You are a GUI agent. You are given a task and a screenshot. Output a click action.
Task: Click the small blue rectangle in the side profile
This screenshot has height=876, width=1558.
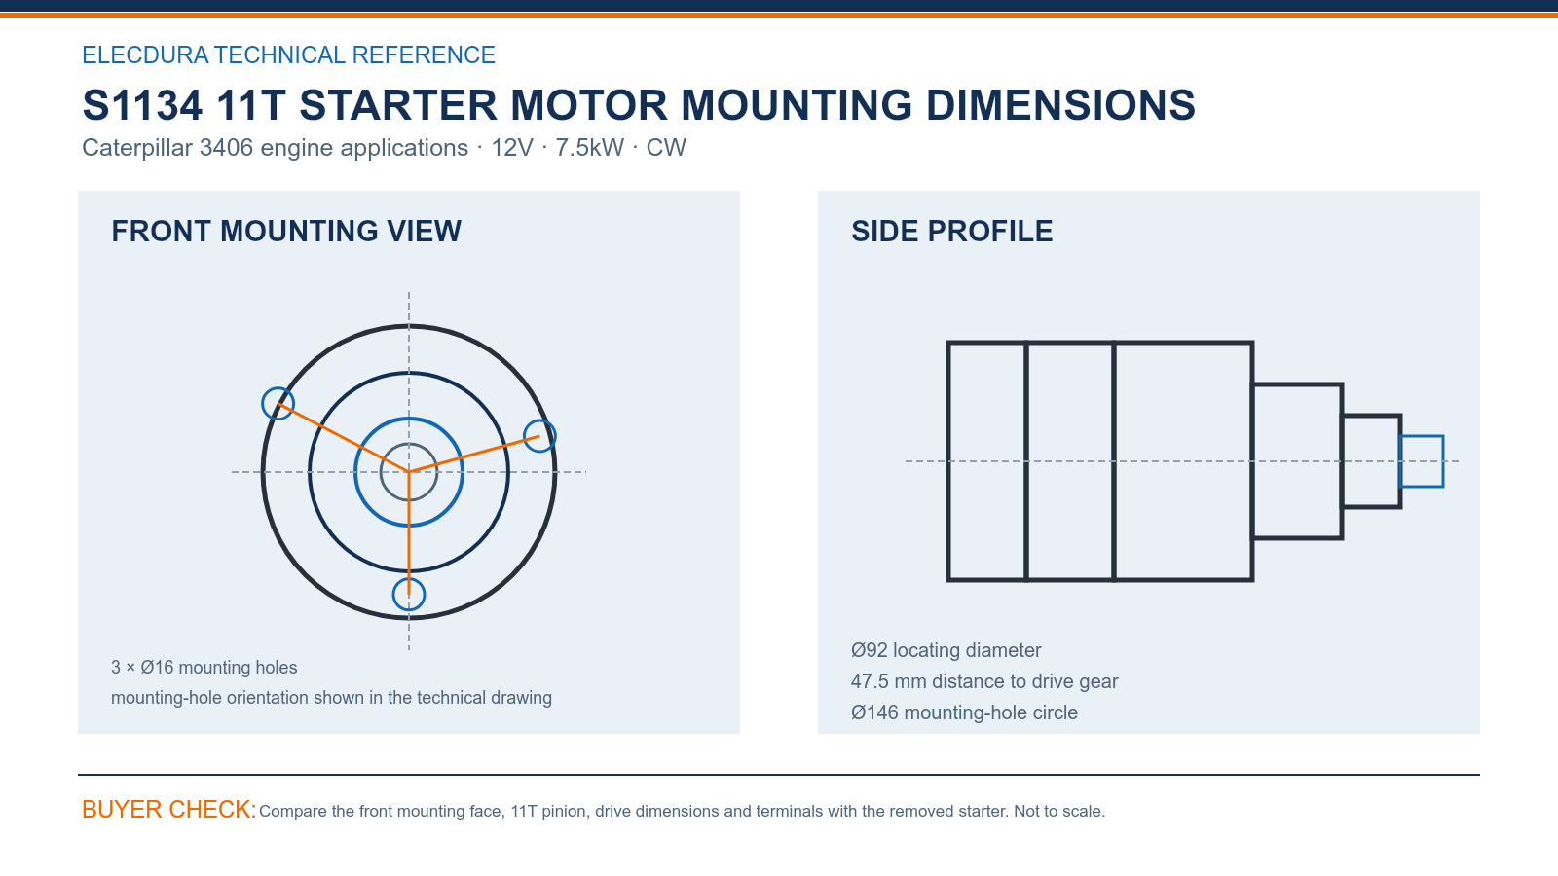1421,437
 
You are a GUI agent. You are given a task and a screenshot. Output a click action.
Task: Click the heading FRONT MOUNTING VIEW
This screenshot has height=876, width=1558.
286,232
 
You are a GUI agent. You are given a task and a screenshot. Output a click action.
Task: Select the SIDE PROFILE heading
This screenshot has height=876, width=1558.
951,232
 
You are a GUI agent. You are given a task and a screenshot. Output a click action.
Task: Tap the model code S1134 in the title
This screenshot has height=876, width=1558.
142,106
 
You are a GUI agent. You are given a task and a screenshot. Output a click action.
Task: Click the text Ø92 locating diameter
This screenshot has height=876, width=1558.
946,651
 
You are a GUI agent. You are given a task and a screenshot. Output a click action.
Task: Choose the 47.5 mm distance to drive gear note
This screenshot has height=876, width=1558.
984,681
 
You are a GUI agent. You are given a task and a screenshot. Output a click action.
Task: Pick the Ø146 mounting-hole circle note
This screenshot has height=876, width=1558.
964,712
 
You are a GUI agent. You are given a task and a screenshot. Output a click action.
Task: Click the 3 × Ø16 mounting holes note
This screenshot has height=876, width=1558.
204,668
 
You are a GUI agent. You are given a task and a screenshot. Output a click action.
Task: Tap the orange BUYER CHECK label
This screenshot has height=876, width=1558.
169,809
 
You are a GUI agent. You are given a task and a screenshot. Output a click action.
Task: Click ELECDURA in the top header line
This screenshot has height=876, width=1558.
145,55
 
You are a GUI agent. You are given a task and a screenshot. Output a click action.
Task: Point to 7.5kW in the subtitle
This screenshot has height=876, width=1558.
589,148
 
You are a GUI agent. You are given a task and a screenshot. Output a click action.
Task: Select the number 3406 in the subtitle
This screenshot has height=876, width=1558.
226,148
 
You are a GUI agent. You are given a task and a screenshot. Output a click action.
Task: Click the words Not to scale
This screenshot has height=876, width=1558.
1059,812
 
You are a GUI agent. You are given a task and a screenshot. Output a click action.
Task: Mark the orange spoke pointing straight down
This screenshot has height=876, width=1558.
409,533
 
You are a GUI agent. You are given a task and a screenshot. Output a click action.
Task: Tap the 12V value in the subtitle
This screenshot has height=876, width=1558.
512,148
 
